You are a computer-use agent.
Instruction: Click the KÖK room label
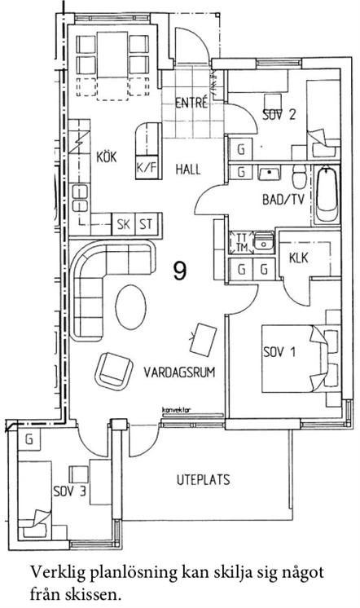tap(106, 157)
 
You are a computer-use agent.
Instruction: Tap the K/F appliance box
tap(147, 167)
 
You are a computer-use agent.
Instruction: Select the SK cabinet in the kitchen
tap(123, 224)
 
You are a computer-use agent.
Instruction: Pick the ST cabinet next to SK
tap(146, 224)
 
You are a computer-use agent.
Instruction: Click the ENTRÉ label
tap(191, 104)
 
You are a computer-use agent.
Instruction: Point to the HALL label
tap(188, 169)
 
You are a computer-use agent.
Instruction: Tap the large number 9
tap(180, 271)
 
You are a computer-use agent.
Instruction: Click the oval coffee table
tap(131, 307)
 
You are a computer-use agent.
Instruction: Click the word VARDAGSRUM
tap(179, 372)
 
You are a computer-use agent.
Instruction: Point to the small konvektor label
tap(176, 410)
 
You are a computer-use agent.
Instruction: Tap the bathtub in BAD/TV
tap(327, 195)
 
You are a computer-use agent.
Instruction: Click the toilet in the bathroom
tap(300, 177)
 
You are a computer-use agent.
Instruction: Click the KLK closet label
tap(299, 258)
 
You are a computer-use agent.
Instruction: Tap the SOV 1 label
tap(279, 352)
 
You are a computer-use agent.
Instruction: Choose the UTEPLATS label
tap(203, 480)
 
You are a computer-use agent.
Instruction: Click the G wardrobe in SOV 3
tap(29, 440)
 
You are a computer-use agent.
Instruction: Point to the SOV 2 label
tap(279, 115)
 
